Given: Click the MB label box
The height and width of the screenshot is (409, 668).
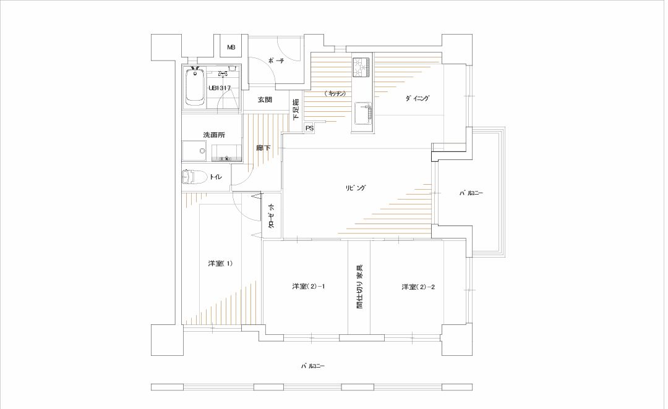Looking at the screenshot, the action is coord(231,48).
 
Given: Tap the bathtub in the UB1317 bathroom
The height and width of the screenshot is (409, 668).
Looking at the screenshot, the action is coord(195,87).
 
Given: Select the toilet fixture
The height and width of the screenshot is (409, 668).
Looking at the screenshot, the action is coord(194,177).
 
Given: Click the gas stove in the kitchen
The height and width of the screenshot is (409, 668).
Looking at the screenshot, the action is coord(362,67).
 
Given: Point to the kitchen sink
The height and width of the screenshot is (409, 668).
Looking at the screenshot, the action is coord(362,114).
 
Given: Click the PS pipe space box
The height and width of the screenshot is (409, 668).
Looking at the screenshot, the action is coord(309,128).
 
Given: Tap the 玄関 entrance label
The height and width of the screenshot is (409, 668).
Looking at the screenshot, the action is coord(265,101).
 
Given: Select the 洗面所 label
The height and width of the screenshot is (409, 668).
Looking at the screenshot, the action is coord(214,135).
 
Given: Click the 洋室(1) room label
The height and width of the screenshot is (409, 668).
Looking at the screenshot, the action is coord(220,263).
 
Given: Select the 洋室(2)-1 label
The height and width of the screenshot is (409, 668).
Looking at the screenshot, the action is coord(309,287).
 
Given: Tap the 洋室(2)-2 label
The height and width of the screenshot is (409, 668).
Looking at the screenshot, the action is coord(418,287).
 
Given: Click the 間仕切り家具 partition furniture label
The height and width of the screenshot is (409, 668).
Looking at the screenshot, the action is coord(360,287).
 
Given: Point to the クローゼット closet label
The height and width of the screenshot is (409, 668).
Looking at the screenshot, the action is coord(272,216).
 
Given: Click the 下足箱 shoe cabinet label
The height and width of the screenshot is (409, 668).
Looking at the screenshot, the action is coord(296,109).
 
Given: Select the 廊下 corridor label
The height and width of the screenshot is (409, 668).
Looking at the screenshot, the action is coord(263,148).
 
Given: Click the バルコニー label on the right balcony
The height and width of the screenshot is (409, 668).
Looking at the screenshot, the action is coord(471,193).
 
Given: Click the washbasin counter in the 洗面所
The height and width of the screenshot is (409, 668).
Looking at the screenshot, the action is coord(227,153).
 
